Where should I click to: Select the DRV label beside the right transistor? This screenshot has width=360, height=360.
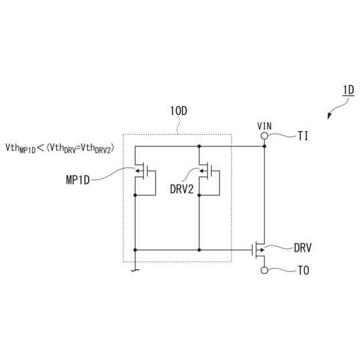pyautogui.click(x=303, y=247)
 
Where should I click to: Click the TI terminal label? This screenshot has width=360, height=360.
pyautogui.click(x=303, y=136)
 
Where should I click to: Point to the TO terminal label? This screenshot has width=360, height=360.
pyautogui.click(x=303, y=271)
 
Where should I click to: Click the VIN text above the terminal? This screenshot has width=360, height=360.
pyautogui.click(x=264, y=126)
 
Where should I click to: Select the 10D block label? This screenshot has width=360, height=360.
pyautogui.click(x=178, y=111)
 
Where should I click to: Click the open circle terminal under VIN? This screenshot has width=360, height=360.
pyautogui.click(x=264, y=136)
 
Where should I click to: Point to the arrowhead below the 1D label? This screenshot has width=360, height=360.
pyautogui.click(x=330, y=115)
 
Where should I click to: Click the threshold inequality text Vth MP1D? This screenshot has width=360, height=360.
pyautogui.click(x=20, y=148)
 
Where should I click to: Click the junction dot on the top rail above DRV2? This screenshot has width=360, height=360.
pyautogui.click(x=199, y=146)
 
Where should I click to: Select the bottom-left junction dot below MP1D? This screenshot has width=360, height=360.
pyautogui.click(x=136, y=248)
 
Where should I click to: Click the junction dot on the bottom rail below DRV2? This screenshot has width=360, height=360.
pyautogui.click(x=199, y=248)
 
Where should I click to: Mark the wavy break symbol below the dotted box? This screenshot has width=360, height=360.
pyautogui.click(x=135, y=271)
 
